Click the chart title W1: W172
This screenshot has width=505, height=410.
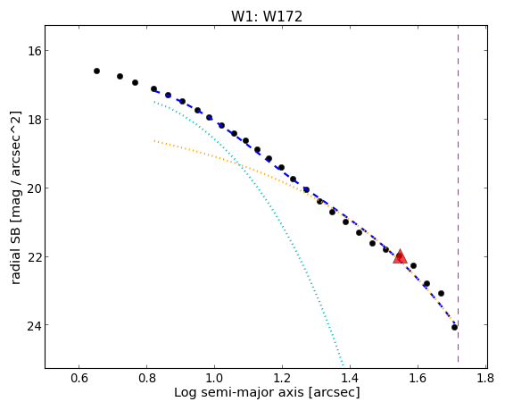point(267,16)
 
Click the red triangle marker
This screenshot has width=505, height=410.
point(400,256)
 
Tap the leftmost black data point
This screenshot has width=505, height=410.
point(96,71)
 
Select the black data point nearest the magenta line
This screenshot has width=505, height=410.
point(454,328)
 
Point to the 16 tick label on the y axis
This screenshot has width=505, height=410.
point(34,51)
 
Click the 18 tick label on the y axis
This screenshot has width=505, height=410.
point(34,120)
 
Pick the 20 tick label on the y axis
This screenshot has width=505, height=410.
point(34,188)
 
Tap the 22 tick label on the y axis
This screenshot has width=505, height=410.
point(34,257)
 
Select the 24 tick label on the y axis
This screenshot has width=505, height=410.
point(34,325)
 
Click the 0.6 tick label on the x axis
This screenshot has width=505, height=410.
point(79,378)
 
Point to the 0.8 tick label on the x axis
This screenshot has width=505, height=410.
point(147,378)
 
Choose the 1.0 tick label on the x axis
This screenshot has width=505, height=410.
point(214,378)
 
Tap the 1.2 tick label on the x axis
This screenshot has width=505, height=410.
point(282,378)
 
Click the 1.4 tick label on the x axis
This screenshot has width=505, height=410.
point(350,378)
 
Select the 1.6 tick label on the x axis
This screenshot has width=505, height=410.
point(418,378)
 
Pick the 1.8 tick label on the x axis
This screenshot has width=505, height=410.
point(485,378)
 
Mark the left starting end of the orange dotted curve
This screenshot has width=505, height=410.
point(154,141)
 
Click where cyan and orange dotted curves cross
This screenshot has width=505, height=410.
point(240,165)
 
